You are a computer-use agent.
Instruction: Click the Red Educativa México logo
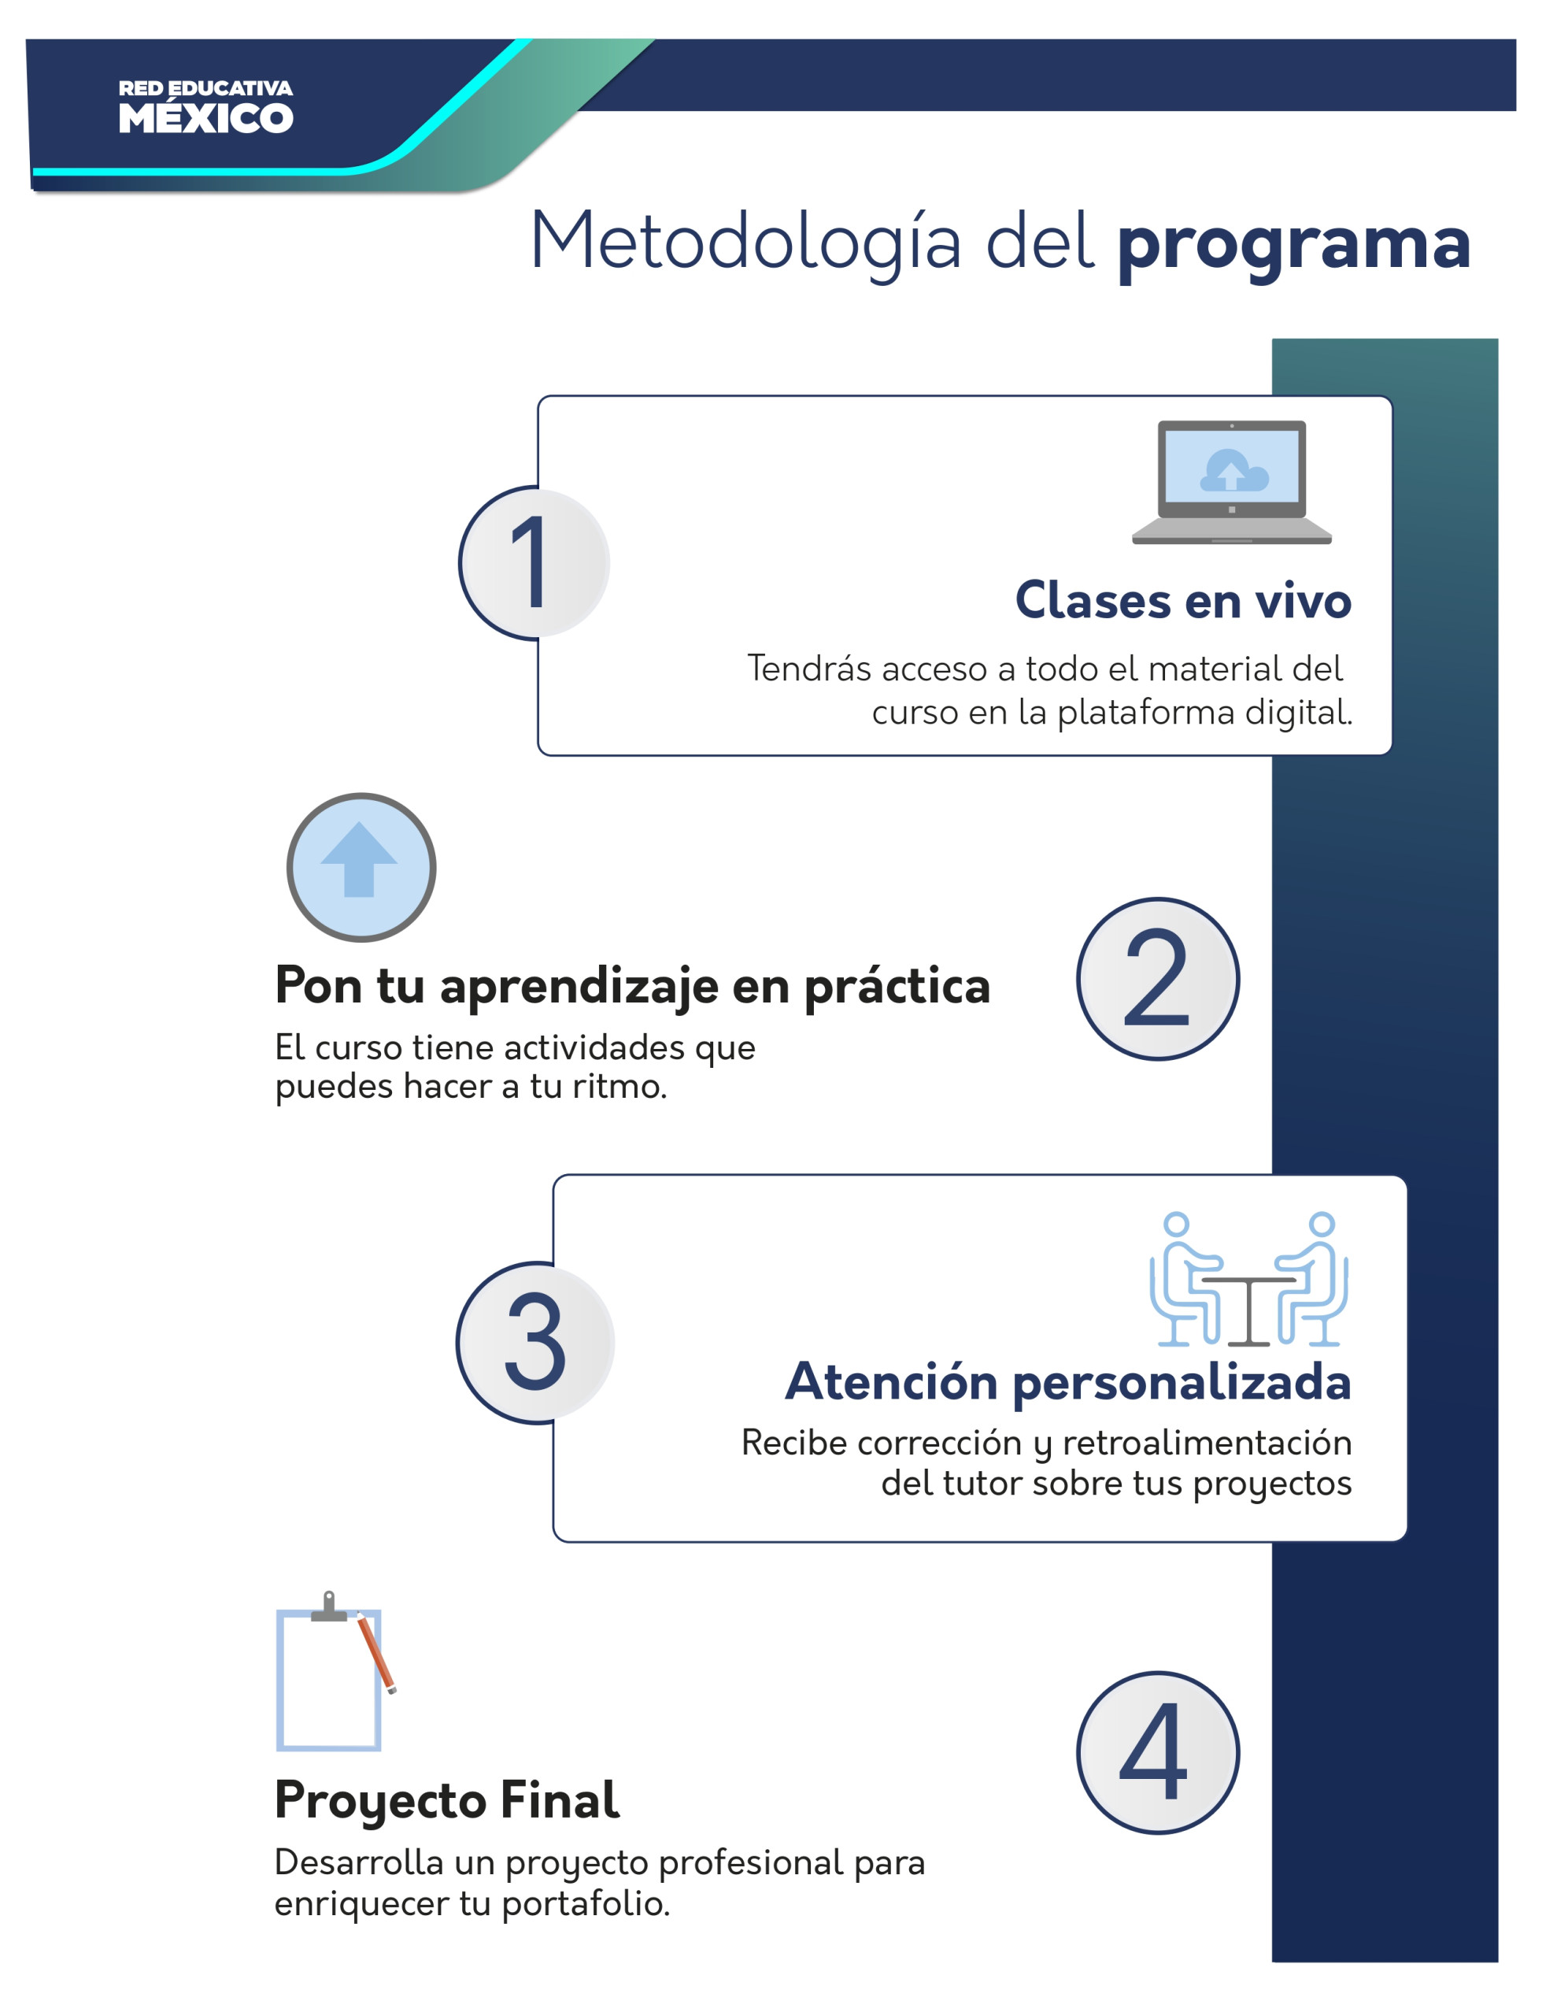pos(205,107)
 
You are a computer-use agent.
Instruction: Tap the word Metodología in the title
pos(745,242)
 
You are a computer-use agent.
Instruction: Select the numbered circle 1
pos(534,563)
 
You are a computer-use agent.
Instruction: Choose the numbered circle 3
pos(534,1342)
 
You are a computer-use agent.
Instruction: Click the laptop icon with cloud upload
pos(1231,482)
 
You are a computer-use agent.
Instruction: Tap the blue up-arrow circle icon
pos(361,867)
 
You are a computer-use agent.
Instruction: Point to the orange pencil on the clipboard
pos(376,1652)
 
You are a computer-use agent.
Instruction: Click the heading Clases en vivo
pos(1182,601)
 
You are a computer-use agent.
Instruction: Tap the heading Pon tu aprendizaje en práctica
pos(632,986)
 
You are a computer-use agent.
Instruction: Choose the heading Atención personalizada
pos(1068,1382)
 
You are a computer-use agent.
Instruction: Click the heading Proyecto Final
pos(446,1800)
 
